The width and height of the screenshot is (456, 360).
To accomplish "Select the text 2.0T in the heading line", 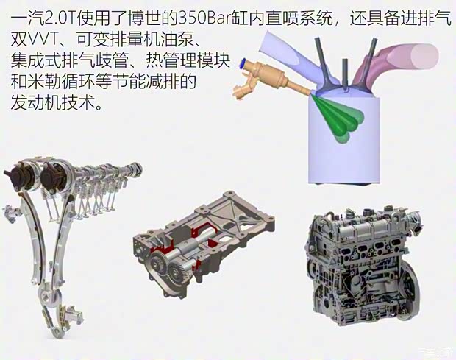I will (x=51, y=14).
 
